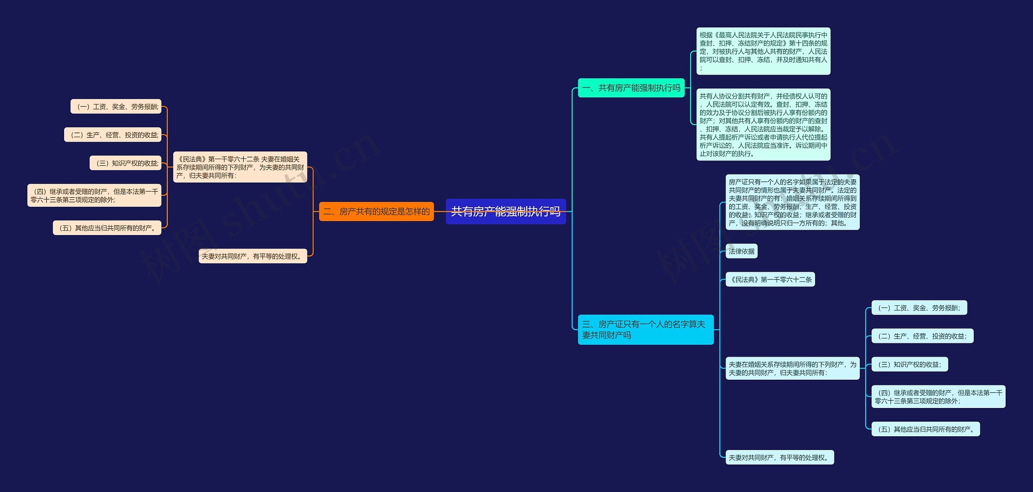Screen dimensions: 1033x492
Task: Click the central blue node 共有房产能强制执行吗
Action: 506,211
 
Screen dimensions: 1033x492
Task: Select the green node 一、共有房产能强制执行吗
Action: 631,88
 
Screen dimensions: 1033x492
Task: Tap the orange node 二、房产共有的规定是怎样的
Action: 376,211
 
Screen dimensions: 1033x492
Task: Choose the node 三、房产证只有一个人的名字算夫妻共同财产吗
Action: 645,330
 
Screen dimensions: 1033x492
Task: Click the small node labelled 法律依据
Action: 741,251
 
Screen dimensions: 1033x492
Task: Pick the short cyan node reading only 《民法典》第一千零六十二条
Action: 770,280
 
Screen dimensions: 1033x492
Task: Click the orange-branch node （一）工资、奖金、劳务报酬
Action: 116,107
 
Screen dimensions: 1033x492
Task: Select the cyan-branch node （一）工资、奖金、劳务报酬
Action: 919,308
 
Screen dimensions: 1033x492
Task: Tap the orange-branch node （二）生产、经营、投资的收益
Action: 113,135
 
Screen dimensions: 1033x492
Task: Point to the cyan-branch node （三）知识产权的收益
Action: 909,364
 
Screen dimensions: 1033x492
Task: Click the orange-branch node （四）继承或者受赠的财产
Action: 94,196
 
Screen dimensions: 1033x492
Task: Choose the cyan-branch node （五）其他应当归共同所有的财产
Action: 925,429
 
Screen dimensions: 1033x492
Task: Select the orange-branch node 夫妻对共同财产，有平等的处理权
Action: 253,256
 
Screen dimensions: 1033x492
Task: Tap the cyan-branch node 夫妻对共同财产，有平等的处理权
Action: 779,457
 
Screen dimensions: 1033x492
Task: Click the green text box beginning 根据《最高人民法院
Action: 763,51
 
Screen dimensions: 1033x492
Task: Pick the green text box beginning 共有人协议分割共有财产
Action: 763,124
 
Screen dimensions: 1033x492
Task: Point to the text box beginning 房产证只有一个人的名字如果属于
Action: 792,202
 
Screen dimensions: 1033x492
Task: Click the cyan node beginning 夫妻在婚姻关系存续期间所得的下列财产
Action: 792,368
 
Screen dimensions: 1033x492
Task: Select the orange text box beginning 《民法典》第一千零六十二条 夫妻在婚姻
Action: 240,167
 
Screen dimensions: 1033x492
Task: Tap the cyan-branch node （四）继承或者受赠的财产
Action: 938,397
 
